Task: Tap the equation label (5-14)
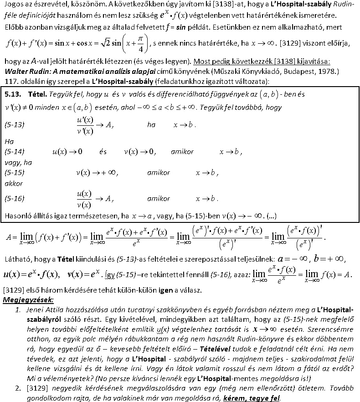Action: [14, 151]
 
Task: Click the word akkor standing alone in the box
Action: [13, 184]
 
